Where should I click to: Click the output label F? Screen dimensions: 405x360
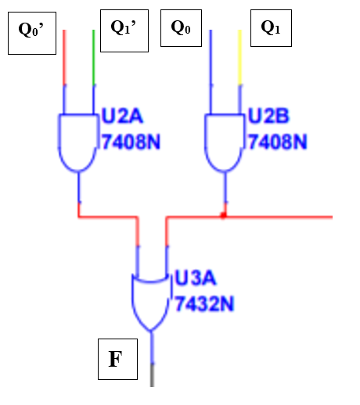116,360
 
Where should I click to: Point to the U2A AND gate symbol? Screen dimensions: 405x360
77,141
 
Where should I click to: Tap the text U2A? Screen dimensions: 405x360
122,118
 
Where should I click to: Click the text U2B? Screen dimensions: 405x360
268,118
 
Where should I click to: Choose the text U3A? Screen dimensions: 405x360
196,279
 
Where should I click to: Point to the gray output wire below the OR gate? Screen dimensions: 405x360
152,376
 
